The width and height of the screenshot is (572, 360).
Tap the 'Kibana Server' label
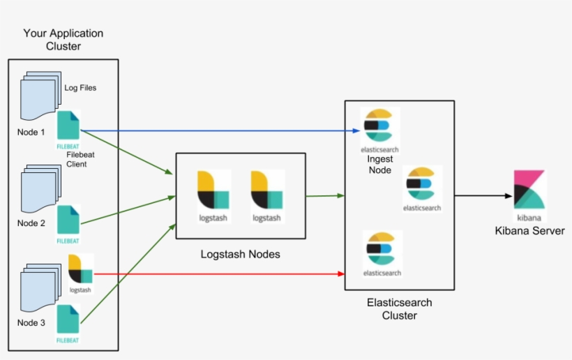coord(529,231)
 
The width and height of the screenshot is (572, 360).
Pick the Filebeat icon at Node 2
coord(68,220)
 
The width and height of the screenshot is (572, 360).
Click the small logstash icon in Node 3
coord(81,269)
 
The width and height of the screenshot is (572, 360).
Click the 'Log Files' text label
coord(80,88)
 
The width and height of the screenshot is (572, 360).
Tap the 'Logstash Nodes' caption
coord(240,254)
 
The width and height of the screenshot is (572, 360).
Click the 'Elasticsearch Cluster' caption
coord(399,309)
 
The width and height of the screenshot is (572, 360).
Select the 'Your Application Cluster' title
coord(63,40)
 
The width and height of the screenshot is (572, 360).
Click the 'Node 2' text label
coord(31,223)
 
